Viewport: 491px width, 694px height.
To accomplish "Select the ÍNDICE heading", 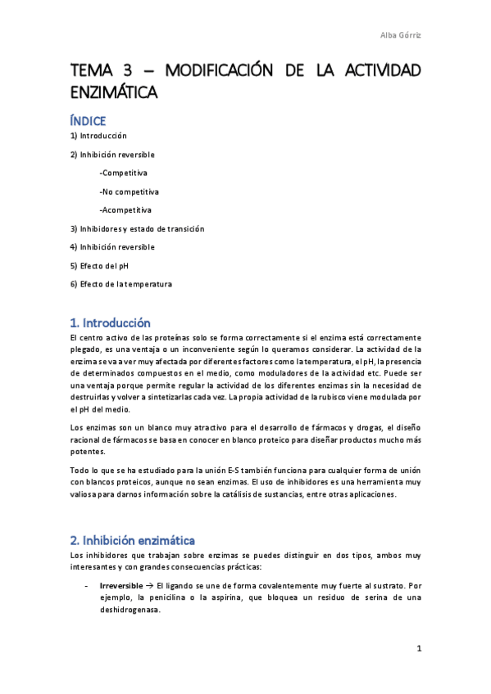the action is coord(88,121).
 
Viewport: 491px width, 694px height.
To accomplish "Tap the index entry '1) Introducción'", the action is coord(98,136).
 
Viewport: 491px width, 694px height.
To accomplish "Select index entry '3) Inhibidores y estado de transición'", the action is coord(137,229).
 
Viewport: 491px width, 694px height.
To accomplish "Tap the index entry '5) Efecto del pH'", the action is coord(99,266).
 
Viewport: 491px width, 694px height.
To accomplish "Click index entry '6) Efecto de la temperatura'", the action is coord(120,284).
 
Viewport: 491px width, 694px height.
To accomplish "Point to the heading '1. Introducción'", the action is coord(111,323).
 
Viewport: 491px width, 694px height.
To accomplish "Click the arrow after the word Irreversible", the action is coord(151,587).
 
